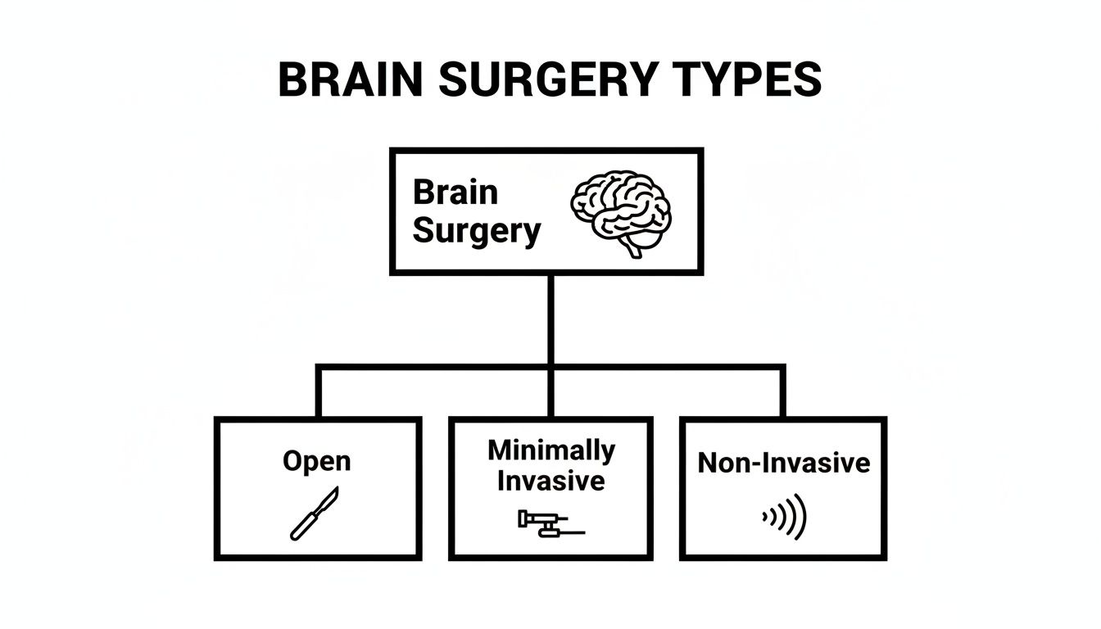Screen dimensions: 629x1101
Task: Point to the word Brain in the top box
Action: coord(455,192)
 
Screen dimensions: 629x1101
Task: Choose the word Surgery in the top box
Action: coord(476,231)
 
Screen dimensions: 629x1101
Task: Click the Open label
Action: coord(317,461)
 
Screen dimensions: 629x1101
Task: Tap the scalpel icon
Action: coord(313,514)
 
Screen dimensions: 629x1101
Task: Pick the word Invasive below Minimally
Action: coord(550,480)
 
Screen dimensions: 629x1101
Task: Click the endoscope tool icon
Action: coord(549,525)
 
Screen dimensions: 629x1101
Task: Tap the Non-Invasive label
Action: coord(783,464)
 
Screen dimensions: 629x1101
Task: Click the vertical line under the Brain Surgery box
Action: coord(550,319)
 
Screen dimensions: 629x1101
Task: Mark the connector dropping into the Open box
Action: coord(318,393)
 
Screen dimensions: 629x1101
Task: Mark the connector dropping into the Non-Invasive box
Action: coord(782,393)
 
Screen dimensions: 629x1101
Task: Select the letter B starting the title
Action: coord(294,80)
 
